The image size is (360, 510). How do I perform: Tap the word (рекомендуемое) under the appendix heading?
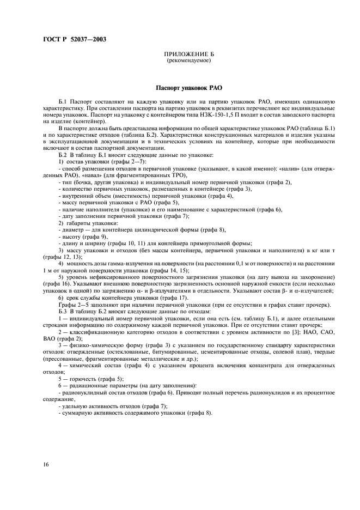[x=188, y=60]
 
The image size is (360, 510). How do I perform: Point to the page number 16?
[x=46, y=464]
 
